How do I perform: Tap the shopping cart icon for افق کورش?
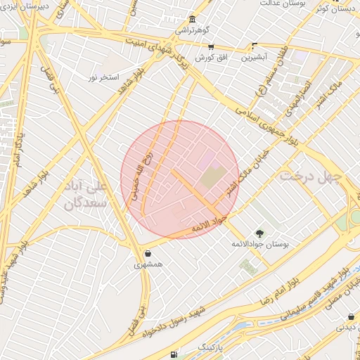click(x=211, y=46)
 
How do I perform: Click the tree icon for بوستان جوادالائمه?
click(x=260, y=233)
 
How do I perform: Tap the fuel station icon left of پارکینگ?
click(x=174, y=354)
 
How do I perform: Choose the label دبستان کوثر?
click(x=335, y=9)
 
